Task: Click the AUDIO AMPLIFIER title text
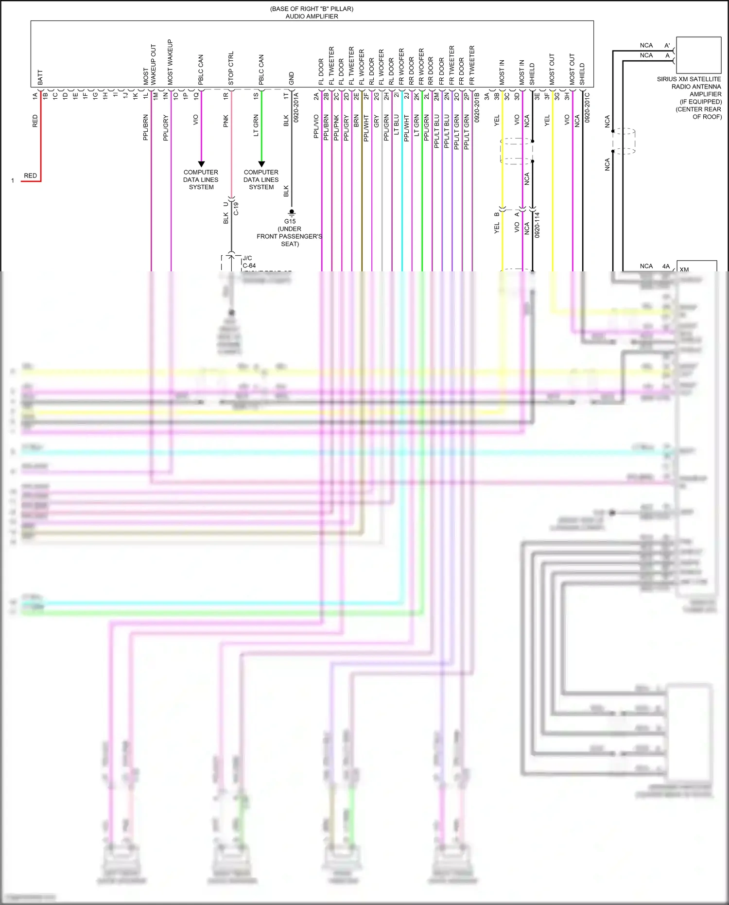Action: pyautogui.click(x=312, y=16)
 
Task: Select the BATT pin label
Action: pyautogui.click(x=40, y=77)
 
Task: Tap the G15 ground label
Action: pyautogui.click(x=290, y=221)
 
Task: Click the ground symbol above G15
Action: pyautogui.click(x=292, y=213)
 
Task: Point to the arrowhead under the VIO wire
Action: pyautogui.click(x=201, y=164)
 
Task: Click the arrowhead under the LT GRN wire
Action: pyautogui.click(x=261, y=164)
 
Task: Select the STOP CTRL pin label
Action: pyautogui.click(x=231, y=68)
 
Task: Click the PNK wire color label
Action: pyautogui.click(x=226, y=121)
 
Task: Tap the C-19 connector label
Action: pyautogui.click(x=236, y=208)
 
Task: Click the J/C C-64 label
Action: pyautogui.click(x=248, y=262)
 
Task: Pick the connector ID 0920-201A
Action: pyautogui.click(x=296, y=108)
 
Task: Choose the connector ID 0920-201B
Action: pyautogui.click(x=477, y=108)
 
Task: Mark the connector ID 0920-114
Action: pyautogui.click(x=537, y=225)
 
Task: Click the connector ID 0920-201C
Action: pyautogui.click(x=587, y=108)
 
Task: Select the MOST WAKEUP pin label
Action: pyautogui.click(x=170, y=62)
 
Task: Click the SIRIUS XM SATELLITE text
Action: pyautogui.click(x=689, y=79)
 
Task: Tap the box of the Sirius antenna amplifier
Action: pyautogui.click(x=698, y=55)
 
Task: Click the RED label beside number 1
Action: pyautogui.click(x=30, y=176)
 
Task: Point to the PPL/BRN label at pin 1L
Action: pyautogui.click(x=145, y=127)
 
